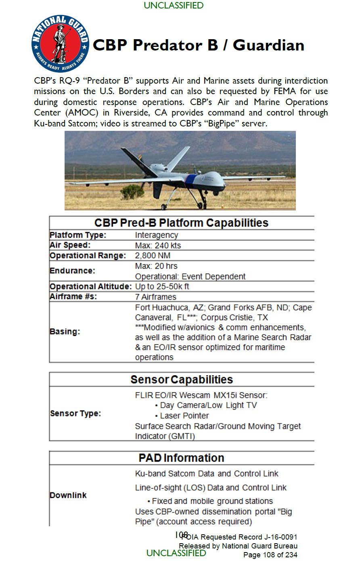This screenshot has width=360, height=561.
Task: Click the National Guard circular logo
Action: click(x=61, y=44)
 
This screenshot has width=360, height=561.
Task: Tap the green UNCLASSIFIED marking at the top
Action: click(x=174, y=6)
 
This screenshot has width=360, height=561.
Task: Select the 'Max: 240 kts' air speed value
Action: click(x=158, y=246)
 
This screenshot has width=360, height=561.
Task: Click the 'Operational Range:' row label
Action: click(x=88, y=256)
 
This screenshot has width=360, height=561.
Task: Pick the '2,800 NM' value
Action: click(x=153, y=256)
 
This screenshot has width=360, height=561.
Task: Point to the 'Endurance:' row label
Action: click(x=72, y=271)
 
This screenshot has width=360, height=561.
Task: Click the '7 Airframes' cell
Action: click(x=155, y=297)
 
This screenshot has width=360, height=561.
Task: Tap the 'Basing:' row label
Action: click(x=65, y=332)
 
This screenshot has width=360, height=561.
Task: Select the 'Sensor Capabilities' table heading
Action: click(x=182, y=380)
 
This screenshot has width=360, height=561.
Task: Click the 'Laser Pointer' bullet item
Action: click(x=184, y=416)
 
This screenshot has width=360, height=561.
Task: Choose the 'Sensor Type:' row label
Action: click(x=75, y=413)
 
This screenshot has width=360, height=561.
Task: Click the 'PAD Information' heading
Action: click(x=181, y=458)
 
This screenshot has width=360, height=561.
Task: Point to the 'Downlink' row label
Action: click(x=68, y=495)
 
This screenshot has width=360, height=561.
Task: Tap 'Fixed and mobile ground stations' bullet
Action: click(x=212, y=501)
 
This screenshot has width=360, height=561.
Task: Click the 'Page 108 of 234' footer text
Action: click(x=270, y=555)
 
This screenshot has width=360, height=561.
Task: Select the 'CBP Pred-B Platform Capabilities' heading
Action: click(x=181, y=223)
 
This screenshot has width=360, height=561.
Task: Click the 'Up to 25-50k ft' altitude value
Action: click(x=162, y=287)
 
